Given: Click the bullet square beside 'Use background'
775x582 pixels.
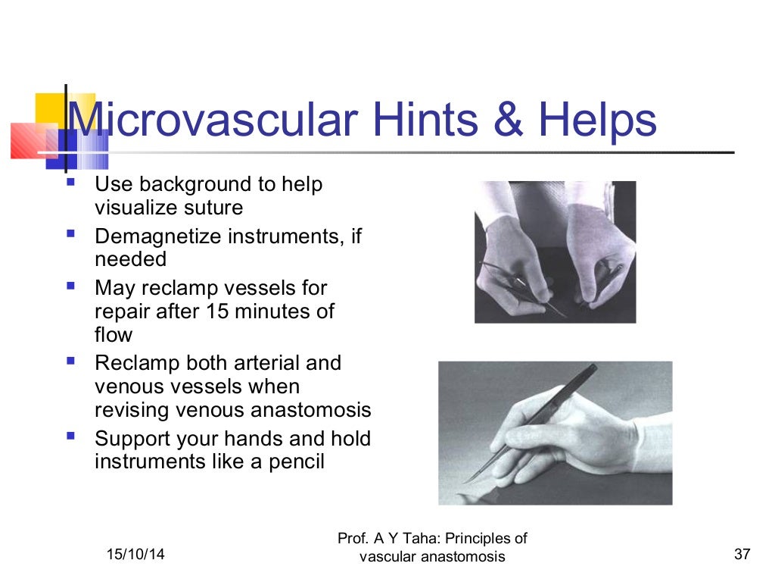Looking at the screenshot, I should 71,183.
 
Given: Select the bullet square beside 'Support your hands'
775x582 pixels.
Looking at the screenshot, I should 71,436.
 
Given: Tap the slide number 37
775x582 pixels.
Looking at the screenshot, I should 742,555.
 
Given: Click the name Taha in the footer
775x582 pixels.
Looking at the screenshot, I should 420,539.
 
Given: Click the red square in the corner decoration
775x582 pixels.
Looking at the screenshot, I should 29,141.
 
